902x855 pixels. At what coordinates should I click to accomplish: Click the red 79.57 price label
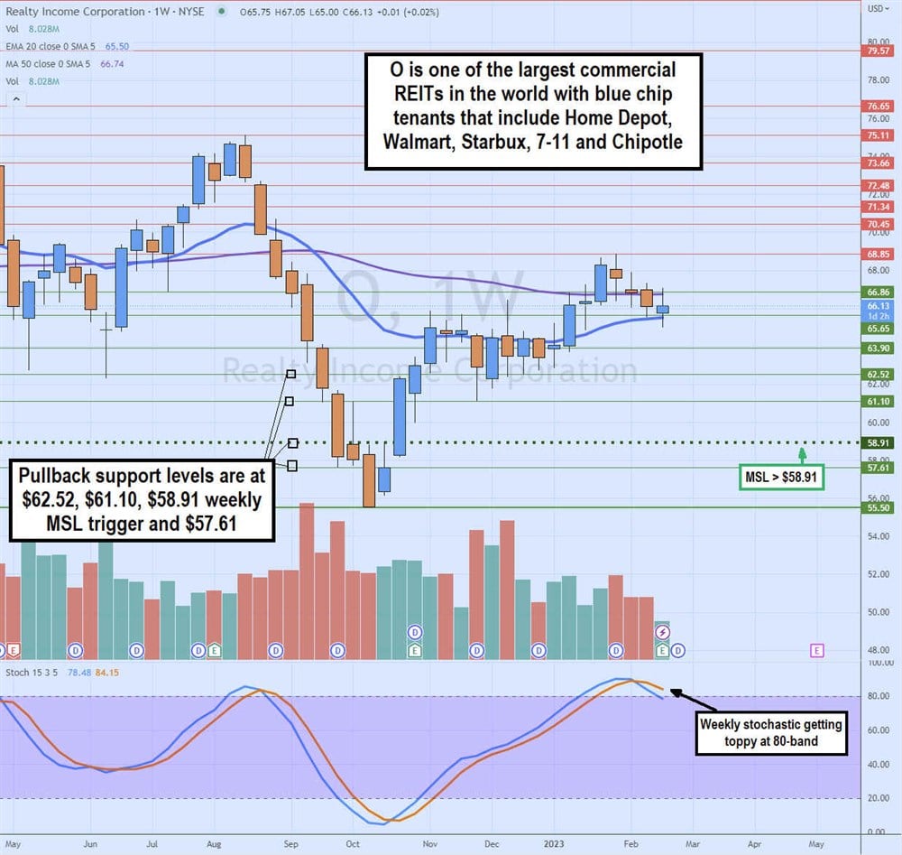coord(879,51)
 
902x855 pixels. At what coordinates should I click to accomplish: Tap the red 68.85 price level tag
coord(879,254)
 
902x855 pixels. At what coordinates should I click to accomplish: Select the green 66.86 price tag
coord(879,293)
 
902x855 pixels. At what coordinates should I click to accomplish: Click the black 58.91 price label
coord(879,443)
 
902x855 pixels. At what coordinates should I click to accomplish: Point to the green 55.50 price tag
coord(879,508)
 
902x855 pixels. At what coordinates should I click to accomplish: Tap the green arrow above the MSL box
coord(802,452)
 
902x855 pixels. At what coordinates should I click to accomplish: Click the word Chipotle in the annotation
coord(648,142)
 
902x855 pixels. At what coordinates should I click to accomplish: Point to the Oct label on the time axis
coord(353,843)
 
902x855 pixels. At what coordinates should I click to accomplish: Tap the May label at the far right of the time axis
coord(815,843)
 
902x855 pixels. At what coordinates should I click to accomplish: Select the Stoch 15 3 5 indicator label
coord(30,672)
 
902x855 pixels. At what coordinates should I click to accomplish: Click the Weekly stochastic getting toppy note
coord(770,731)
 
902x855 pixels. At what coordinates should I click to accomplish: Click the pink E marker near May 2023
coord(817,649)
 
